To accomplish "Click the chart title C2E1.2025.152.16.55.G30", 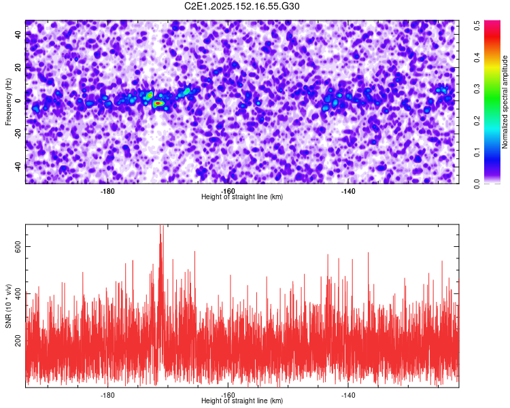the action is pos(241,6).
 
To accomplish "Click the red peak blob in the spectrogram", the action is pos(158,103).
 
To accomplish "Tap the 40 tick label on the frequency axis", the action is pos(18,35).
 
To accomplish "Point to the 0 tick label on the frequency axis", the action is pos(18,101).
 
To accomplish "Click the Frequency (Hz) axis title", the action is pos(8,101).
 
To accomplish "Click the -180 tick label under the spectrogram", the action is pos(107,191).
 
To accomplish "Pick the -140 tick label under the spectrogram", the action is pos(348,191).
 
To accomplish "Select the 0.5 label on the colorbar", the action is pos(477,25).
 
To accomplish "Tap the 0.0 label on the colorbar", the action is pos(477,184).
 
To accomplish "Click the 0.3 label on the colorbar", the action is pos(477,89).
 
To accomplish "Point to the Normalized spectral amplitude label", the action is pos(505,102).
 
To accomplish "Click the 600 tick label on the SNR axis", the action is pos(18,247).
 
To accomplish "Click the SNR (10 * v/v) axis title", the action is pos(8,306).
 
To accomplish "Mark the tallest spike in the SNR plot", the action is pos(160,225).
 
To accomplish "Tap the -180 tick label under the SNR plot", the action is pos(107,395).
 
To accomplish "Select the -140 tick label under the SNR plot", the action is pos(348,395).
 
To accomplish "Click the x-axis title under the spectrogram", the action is pos(242,197).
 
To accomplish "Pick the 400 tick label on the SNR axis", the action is pos(18,294).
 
